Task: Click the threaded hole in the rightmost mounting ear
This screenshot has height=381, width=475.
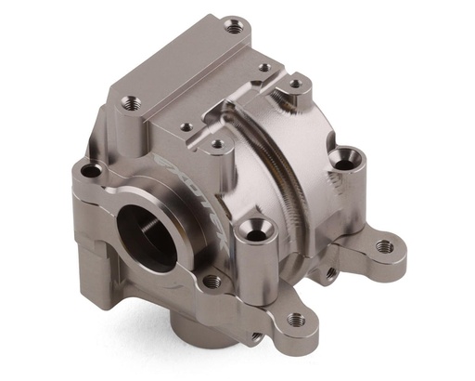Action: point(383,246)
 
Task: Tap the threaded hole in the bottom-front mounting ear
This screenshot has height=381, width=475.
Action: point(296,319)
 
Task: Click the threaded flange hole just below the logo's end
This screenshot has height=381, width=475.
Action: point(212,280)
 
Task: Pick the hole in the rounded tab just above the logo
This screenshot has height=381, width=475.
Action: point(215,144)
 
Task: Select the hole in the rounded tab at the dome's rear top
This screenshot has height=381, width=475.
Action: point(295,84)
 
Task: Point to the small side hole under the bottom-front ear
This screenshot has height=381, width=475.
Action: point(254,337)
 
